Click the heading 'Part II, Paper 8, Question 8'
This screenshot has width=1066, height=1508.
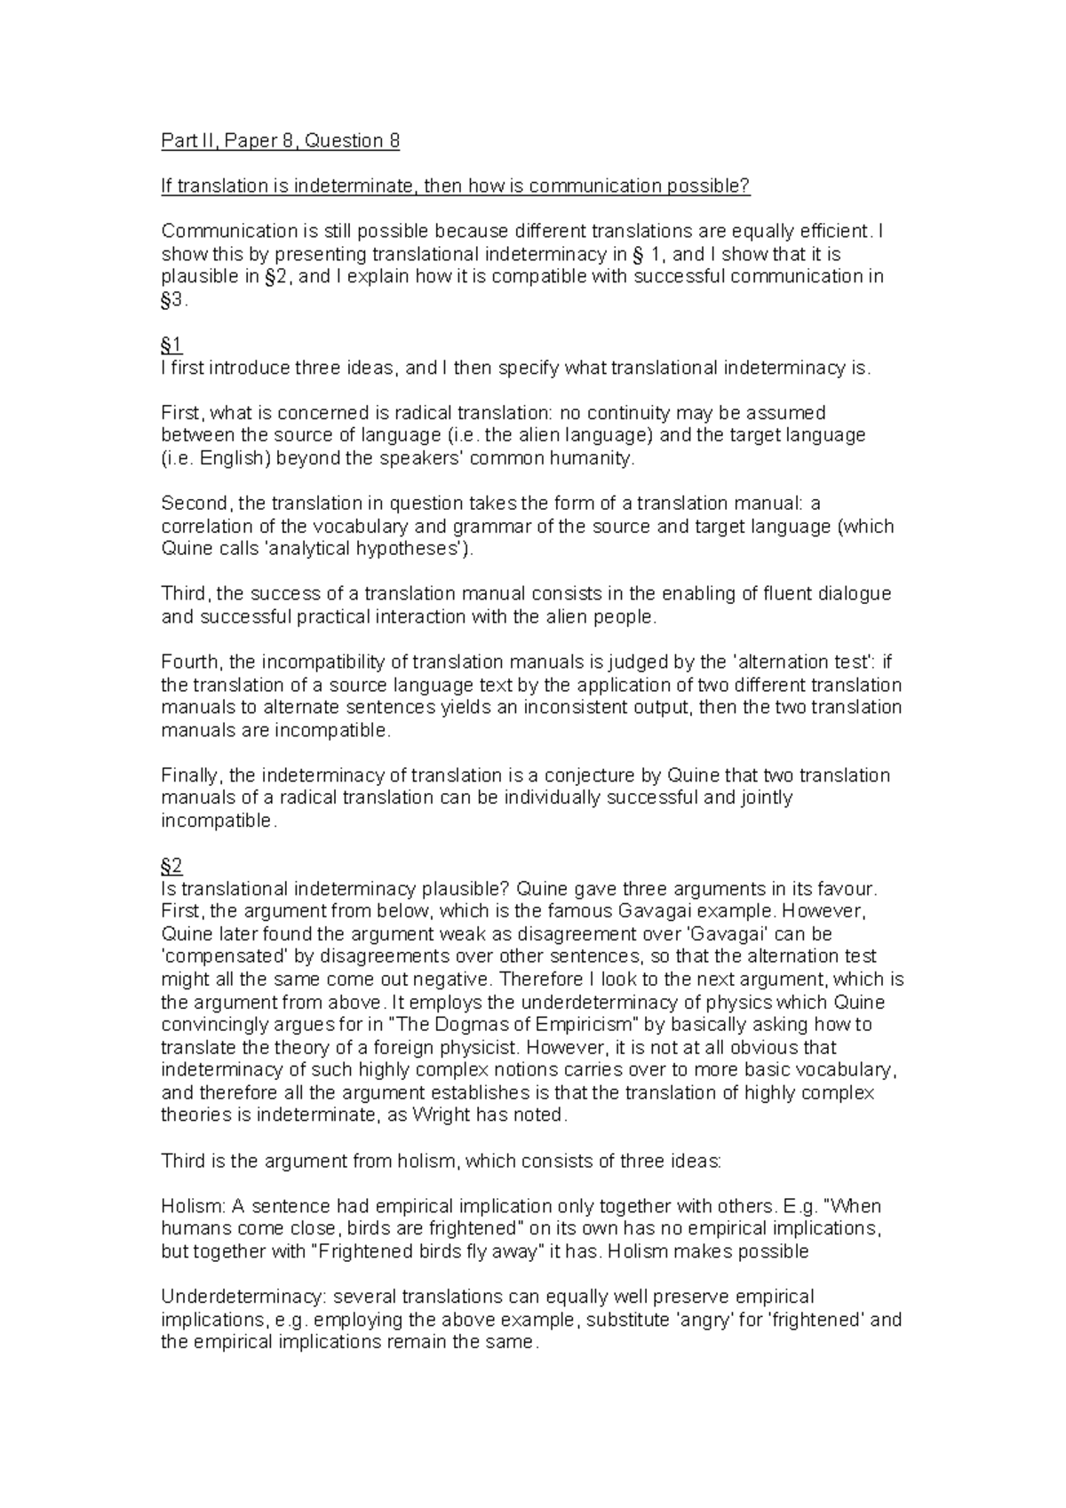coord(280,140)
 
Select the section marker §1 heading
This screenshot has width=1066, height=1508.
coord(171,345)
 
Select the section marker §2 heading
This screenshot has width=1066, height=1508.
coord(171,866)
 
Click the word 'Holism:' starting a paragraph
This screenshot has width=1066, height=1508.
coord(191,1206)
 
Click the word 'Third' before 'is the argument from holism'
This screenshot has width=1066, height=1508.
coord(182,1161)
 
